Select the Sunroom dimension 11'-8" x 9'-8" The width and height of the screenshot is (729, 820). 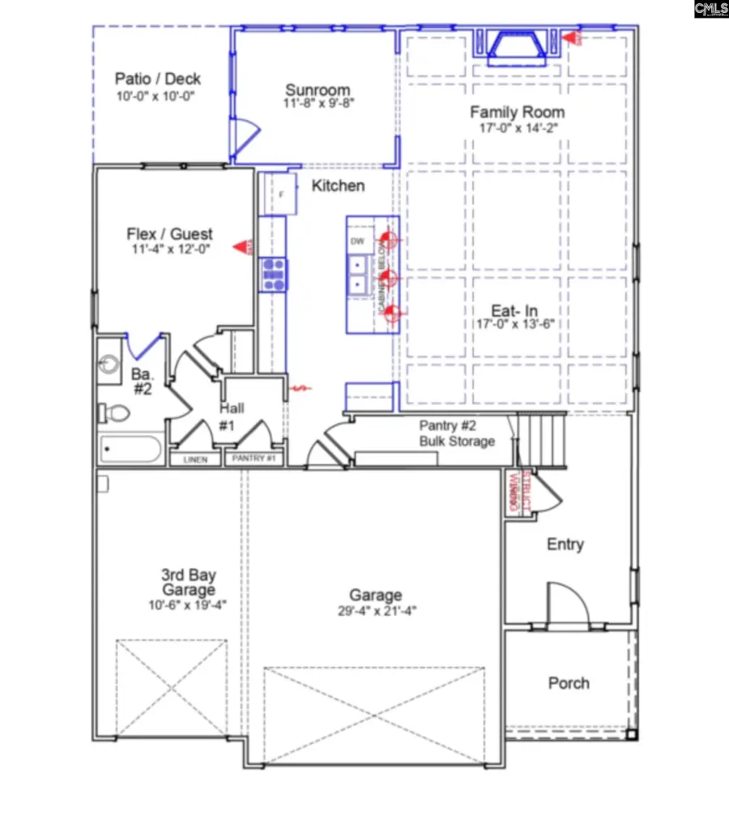(x=318, y=104)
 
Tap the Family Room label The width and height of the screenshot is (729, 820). (x=518, y=112)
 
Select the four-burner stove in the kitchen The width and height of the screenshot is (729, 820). (x=273, y=275)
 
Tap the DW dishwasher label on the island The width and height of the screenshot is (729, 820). (x=356, y=241)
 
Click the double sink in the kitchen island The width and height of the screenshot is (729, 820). (x=356, y=274)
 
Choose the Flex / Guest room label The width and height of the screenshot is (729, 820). (x=169, y=234)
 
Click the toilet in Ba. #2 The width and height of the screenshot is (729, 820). (x=114, y=414)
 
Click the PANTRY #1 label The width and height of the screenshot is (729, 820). (x=254, y=459)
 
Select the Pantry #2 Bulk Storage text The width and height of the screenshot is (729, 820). (x=456, y=433)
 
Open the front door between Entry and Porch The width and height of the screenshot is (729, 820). (x=568, y=605)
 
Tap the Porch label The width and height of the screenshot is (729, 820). (x=569, y=683)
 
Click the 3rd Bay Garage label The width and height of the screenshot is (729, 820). (x=188, y=583)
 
